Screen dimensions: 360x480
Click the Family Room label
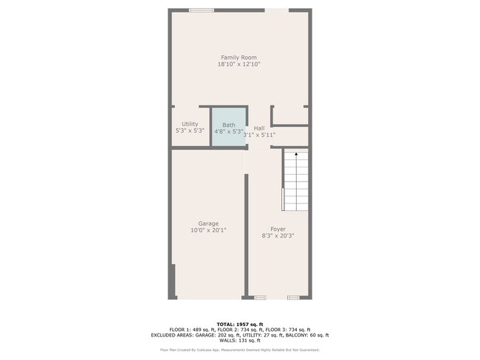(x=239, y=58)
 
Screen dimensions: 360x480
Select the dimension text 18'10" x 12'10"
(x=239, y=65)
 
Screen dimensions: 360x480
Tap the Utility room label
(x=190, y=124)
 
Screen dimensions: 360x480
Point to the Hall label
(x=259, y=128)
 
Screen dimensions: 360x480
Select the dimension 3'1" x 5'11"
(x=260, y=135)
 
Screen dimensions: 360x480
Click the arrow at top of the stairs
(x=295, y=155)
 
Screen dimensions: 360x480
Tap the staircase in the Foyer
(x=295, y=181)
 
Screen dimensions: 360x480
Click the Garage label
(x=208, y=224)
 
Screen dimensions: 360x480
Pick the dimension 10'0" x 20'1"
(x=208, y=230)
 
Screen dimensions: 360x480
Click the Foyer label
(x=278, y=229)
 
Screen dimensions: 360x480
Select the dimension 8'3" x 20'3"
(x=278, y=236)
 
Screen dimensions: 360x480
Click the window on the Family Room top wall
(x=201, y=10)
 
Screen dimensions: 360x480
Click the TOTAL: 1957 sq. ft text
(x=239, y=324)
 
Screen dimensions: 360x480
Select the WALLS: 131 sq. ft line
(x=239, y=342)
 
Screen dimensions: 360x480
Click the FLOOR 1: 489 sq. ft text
(x=189, y=330)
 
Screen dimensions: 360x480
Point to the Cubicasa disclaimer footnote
(x=239, y=350)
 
